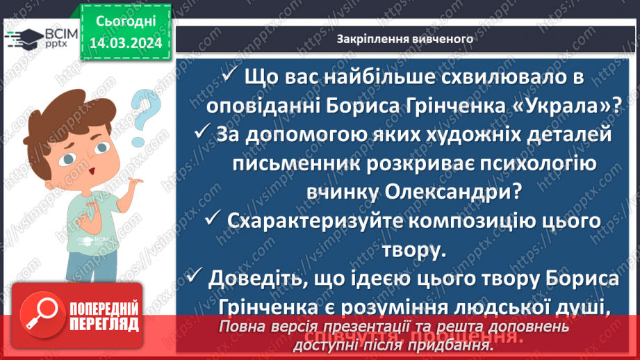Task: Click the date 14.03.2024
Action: click(x=125, y=43)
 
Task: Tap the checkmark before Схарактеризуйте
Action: click(x=213, y=220)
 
